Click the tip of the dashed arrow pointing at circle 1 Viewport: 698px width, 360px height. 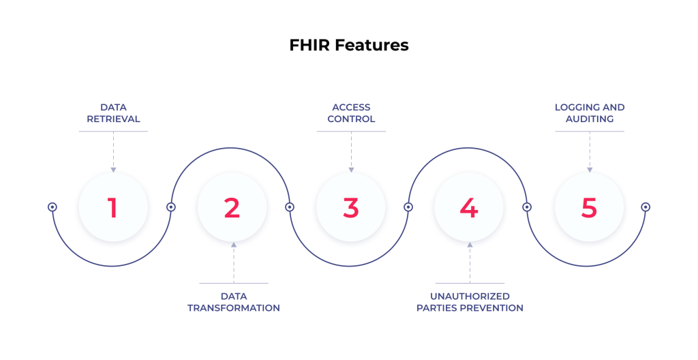[114, 172]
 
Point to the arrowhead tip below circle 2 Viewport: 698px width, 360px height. [234, 242]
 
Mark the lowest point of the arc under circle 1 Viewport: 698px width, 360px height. [112, 266]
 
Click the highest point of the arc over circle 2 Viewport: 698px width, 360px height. [230, 148]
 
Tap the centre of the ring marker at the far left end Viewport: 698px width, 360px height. [52, 207]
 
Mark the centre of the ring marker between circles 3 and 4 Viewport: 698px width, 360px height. [408, 207]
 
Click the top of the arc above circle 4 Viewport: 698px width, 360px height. [468, 148]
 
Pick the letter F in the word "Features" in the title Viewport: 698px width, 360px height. [339, 45]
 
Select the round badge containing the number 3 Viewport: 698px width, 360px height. [351, 207]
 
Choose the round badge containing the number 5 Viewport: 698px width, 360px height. [589, 207]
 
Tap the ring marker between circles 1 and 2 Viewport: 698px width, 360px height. [171, 207]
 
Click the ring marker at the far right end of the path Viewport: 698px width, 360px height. [646, 207]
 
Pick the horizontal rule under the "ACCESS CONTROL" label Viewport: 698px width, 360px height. [351, 132]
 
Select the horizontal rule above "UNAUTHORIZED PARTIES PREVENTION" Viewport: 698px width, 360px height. [470, 283]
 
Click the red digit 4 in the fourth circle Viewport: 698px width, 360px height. [469, 208]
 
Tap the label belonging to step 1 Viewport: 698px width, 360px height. [114, 113]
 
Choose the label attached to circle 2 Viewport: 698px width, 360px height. [234, 302]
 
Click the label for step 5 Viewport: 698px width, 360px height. [590, 113]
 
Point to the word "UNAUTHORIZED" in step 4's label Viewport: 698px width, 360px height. [470, 297]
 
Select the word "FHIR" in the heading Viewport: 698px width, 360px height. [310, 45]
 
